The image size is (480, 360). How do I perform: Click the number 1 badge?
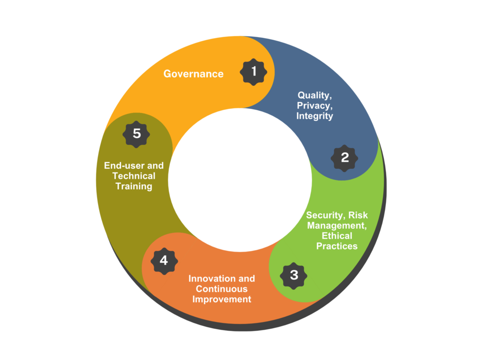tap(254, 72)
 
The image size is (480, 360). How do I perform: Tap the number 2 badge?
tap(345, 158)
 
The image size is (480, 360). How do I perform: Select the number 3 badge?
tap(293, 276)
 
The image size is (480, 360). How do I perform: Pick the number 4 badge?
tap(165, 261)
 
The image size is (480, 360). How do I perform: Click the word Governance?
tap(194, 74)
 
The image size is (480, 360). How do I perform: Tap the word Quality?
tap(315, 95)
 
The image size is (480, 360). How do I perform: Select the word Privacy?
tap(315, 105)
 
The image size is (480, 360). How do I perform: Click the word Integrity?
tap(315, 116)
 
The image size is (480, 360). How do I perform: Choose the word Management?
tap(337, 225)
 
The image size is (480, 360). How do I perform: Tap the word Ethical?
tap(337, 236)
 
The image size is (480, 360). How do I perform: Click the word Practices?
tap(337, 246)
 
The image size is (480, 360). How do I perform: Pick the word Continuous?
tap(222, 289)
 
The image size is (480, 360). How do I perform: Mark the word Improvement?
tap(222, 300)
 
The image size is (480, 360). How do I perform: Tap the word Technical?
tap(134, 176)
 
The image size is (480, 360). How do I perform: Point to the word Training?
tap(134, 187)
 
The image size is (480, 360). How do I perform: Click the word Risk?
tap(358, 215)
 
